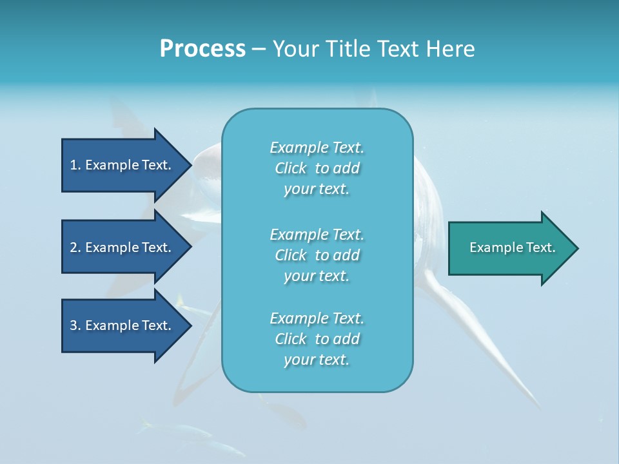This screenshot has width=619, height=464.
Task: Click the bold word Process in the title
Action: click(202, 49)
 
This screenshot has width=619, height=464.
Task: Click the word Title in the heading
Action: click(348, 49)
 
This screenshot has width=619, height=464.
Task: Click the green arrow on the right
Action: click(509, 248)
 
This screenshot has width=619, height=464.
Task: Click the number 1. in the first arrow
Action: click(75, 165)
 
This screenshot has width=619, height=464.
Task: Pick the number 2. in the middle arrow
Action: click(75, 247)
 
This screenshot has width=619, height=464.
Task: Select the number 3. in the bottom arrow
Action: click(75, 325)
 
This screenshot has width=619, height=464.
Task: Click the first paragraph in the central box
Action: click(317, 168)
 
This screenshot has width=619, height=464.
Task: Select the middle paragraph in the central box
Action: click(317, 255)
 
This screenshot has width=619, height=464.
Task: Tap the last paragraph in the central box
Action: click(317, 339)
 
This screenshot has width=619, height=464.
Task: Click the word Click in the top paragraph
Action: click(291, 168)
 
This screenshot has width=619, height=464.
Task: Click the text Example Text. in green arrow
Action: click(512, 247)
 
